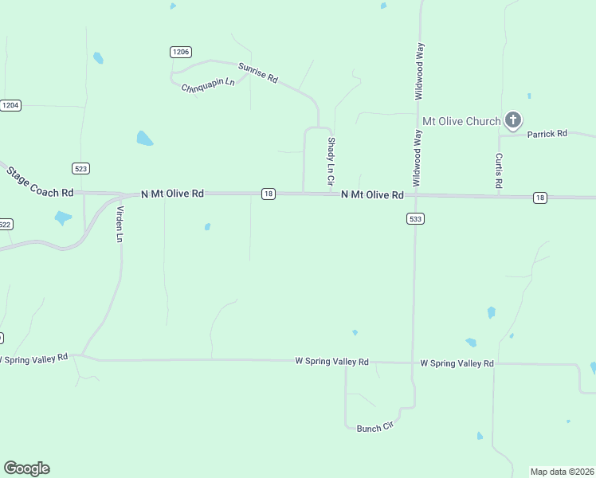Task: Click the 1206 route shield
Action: tap(181, 52)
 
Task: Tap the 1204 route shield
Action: tap(10, 105)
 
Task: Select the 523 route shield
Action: tap(80, 168)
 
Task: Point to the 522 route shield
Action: tap(5, 225)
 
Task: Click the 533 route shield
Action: tap(414, 218)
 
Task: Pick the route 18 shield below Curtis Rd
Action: tap(540, 198)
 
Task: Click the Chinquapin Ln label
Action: tap(208, 84)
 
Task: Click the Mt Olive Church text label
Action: tap(461, 121)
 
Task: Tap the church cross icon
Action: tap(513, 121)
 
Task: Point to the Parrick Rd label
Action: tap(546, 134)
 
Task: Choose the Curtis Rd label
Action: tap(499, 170)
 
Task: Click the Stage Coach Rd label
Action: tap(40, 182)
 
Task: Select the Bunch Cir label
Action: tap(375, 427)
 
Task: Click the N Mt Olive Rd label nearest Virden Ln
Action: tap(172, 194)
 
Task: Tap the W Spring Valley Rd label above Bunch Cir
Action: tap(331, 362)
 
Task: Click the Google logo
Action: tap(26, 468)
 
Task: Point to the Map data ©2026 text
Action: tap(562, 472)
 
